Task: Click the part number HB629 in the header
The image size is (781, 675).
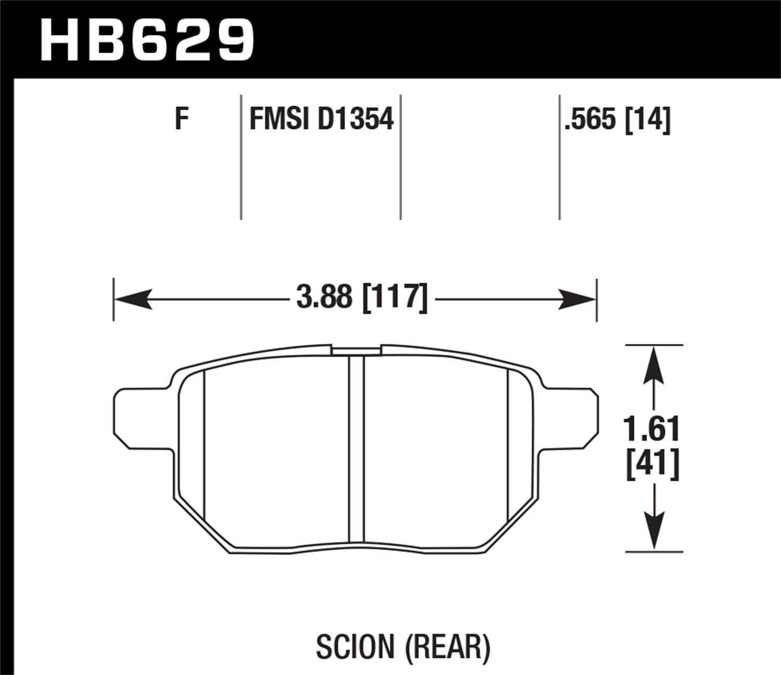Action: click(x=147, y=40)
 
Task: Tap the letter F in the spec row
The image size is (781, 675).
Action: click(x=181, y=119)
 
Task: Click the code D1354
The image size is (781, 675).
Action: click(x=355, y=119)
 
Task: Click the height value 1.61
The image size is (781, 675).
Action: click(x=652, y=429)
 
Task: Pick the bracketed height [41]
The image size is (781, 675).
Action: click(x=652, y=464)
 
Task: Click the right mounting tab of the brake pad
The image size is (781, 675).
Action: click(x=570, y=418)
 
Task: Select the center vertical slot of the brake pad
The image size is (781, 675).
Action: click(x=357, y=448)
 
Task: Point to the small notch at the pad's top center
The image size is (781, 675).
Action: click(x=357, y=350)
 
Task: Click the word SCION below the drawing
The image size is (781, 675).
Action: click(x=355, y=647)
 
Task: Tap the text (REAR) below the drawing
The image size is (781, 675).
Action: click(x=447, y=647)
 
